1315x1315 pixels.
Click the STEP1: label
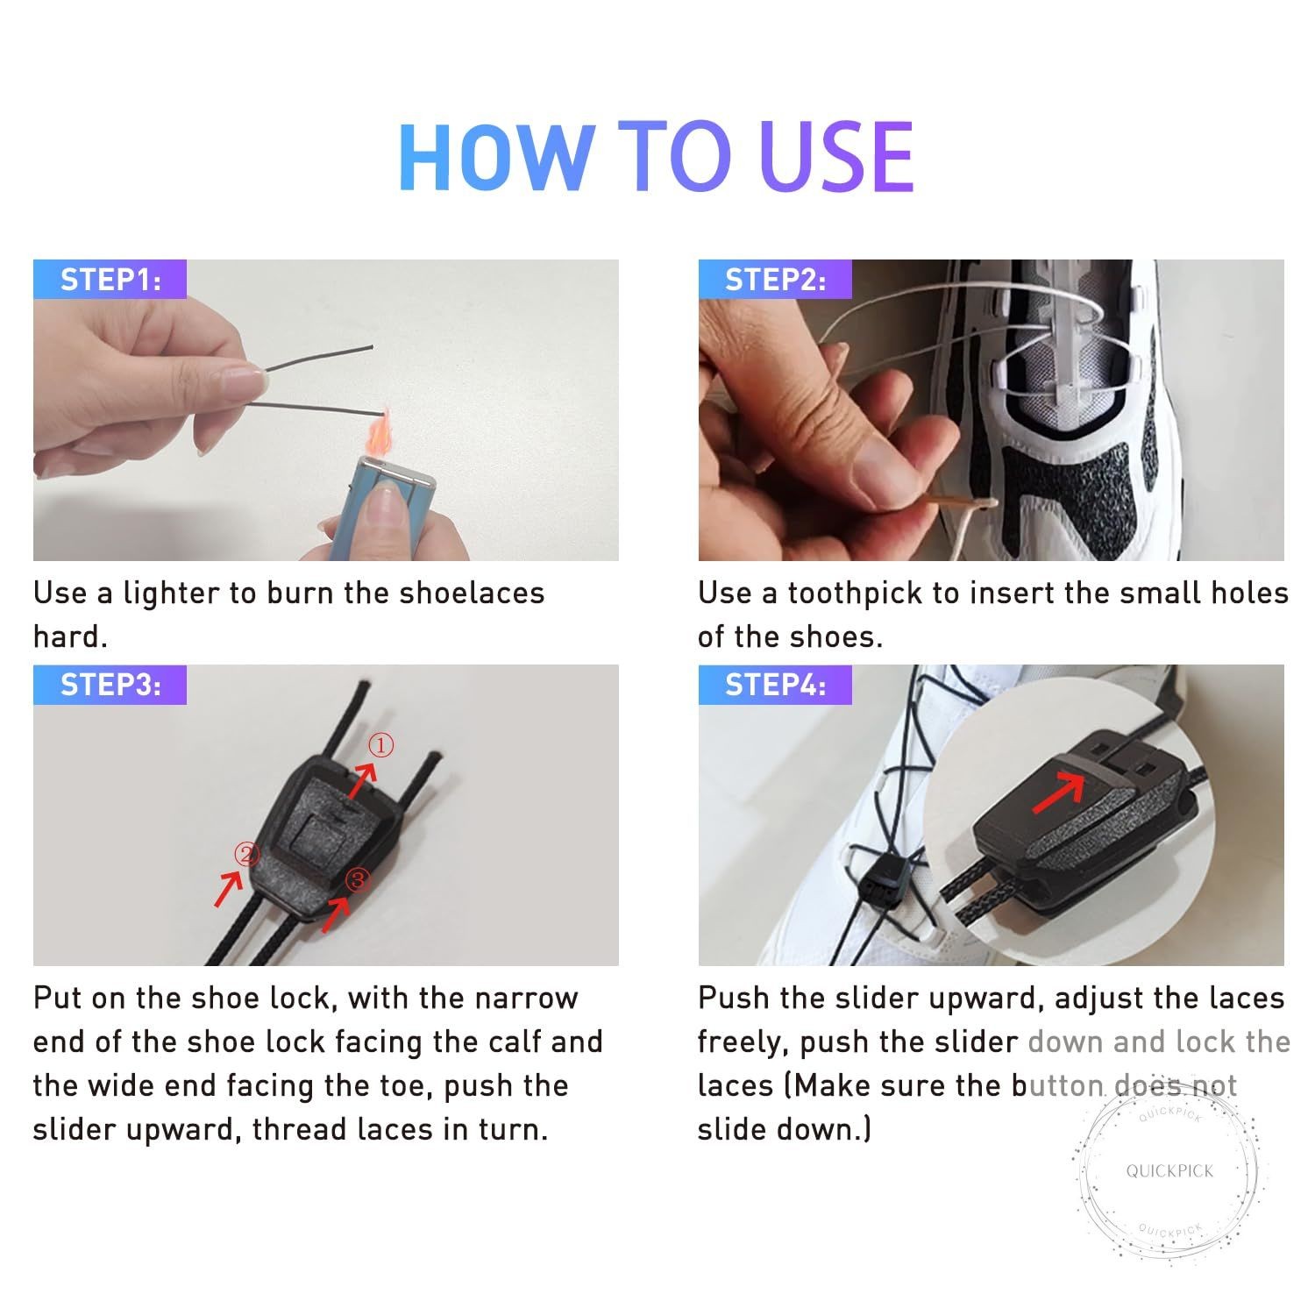(x=110, y=280)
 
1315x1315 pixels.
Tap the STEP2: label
(x=776, y=280)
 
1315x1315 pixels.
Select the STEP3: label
(x=110, y=685)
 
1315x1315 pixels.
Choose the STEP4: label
(x=776, y=685)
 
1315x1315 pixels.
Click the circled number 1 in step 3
(x=380, y=746)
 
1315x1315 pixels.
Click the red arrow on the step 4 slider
(x=1060, y=793)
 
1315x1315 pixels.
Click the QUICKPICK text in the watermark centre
(x=1169, y=1170)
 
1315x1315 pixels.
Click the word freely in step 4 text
(x=743, y=1042)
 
